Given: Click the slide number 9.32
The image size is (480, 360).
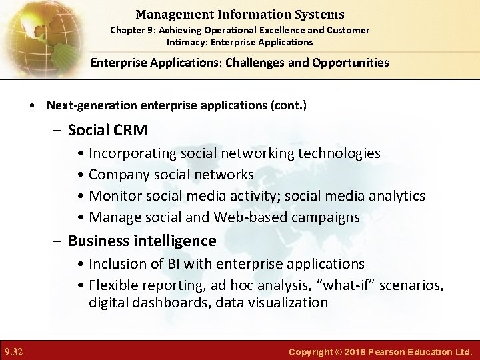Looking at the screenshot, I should (x=13, y=351).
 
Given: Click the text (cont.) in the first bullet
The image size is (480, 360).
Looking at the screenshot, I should (x=288, y=105).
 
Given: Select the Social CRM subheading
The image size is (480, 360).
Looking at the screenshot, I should (x=107, y=129).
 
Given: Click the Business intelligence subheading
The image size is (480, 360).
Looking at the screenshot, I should (x=142, y=241).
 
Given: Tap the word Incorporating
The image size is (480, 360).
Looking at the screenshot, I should (x=133, y=153).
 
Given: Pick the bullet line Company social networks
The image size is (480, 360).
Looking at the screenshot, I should (x=171, y=175).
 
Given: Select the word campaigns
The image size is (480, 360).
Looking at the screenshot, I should (x=325, y=217).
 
